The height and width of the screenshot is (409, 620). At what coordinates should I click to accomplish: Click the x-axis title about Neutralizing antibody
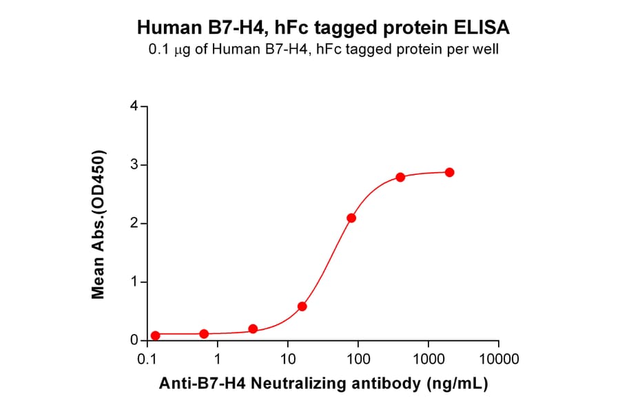(x=324, y=384)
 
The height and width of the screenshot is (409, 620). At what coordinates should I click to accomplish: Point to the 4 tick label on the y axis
(x=134, y=107)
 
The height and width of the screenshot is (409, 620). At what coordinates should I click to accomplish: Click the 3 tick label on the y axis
(x=134, y=165)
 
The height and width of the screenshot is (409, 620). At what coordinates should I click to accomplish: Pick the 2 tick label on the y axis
(x=134, y=224)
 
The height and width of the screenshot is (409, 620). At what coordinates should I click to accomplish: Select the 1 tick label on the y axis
(x=134, y=282)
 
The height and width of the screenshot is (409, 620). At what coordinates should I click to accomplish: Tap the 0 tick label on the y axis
(x=134, y=341)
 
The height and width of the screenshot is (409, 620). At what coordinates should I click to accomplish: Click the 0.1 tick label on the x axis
(x=146, y=359)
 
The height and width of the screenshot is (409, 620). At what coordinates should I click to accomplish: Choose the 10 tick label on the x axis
(x=288, y=359)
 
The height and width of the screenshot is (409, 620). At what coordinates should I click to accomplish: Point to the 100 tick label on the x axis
(x=358, y=359)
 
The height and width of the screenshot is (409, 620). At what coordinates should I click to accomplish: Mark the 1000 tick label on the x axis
(x=428, y=359)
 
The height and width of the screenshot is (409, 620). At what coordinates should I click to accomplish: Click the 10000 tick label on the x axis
(x=499, y=359)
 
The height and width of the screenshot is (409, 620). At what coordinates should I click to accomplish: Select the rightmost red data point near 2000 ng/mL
(x=449, y=172)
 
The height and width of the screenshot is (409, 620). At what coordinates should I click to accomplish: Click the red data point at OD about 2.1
(x=351, y=218)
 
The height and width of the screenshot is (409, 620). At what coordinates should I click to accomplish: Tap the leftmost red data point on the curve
(x=155, y=335)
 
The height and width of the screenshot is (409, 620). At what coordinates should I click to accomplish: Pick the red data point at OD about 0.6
(x=302, y=306)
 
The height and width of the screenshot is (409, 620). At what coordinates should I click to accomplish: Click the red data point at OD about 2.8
(x=400, y=177)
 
